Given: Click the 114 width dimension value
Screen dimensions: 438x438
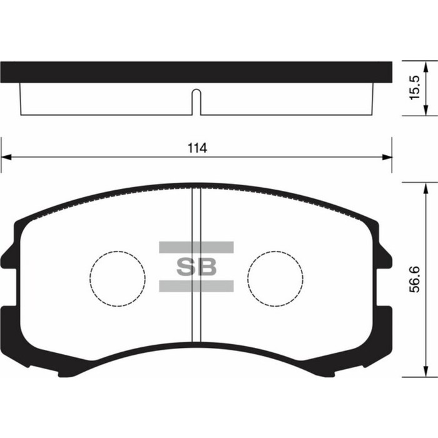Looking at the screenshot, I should coord(196,148).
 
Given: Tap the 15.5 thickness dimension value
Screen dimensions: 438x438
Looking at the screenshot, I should coord(414,89).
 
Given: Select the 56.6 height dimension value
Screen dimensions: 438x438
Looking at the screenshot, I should coord(414,280).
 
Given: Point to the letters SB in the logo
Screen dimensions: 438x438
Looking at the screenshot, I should coord(196,267).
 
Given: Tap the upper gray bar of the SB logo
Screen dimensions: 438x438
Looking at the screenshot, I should coord(196,247).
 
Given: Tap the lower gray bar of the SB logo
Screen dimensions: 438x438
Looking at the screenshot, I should coord(196,286).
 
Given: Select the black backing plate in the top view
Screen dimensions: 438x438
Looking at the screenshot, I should coord(196,72).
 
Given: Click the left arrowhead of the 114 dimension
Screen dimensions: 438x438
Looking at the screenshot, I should coord(5,156).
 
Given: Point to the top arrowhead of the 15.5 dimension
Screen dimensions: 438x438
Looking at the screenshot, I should coord(426,66).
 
